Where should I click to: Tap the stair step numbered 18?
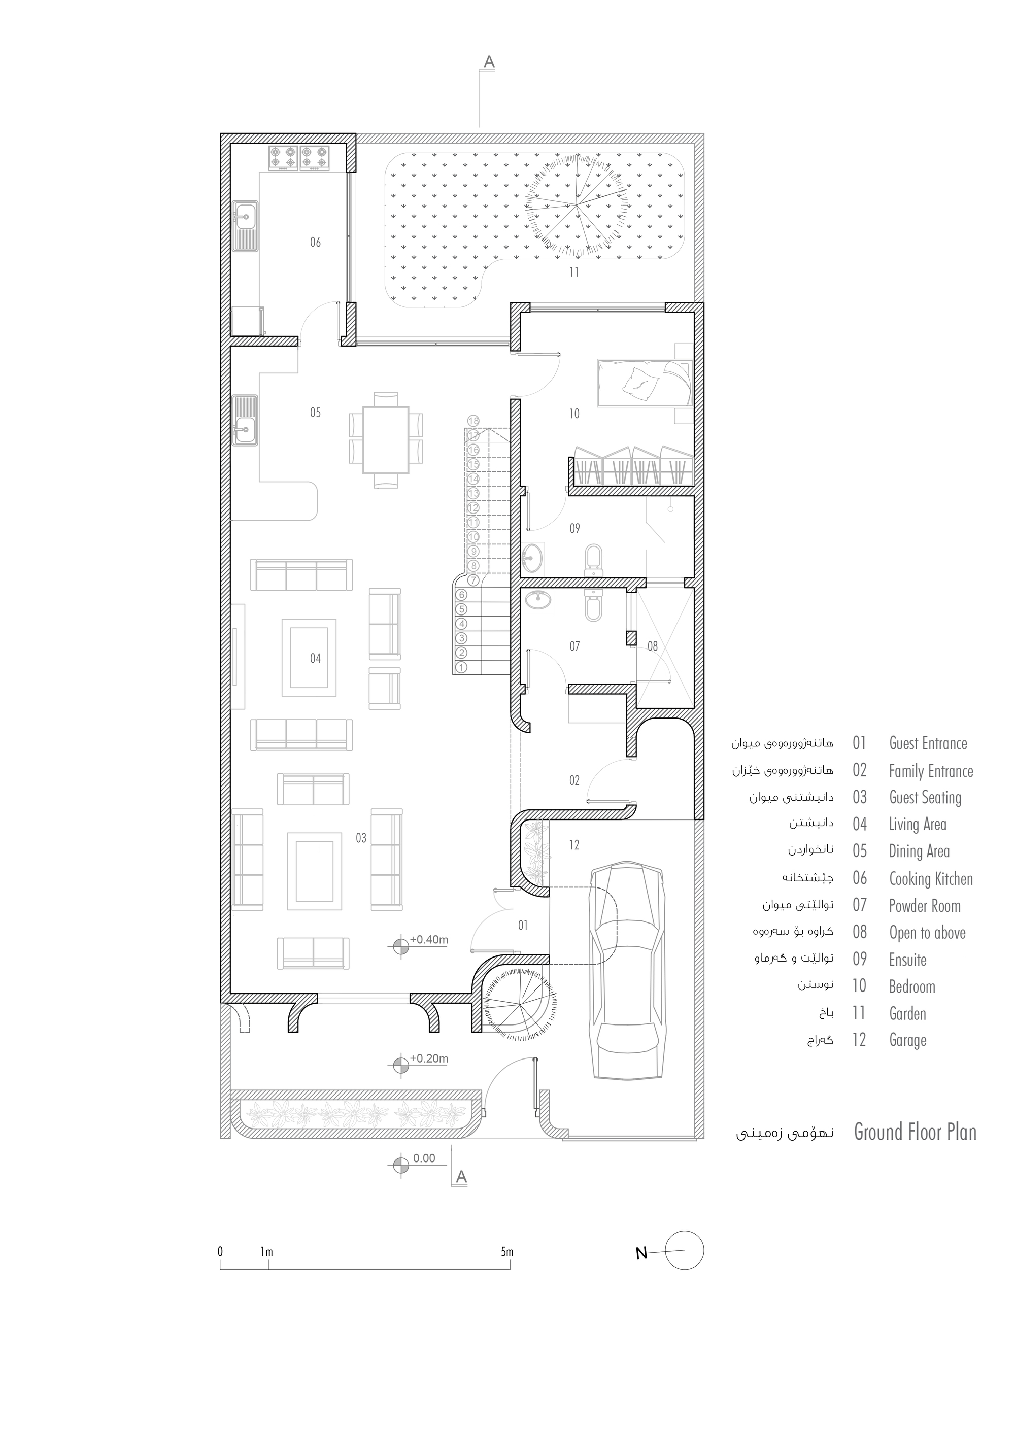point(473,421)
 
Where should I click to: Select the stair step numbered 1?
point(462,667)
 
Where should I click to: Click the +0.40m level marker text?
point(429,939)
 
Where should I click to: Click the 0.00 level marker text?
point(424,1158)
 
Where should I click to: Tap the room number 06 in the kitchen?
point(316,242)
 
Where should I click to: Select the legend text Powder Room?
point(924,906)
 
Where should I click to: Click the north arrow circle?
point(685,1250)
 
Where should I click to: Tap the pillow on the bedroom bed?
point(640,382)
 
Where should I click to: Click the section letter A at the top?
point(489,62)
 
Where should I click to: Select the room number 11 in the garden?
point(574,272)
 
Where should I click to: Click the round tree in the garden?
point(576,204)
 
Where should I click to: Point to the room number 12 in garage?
point(574,845)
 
